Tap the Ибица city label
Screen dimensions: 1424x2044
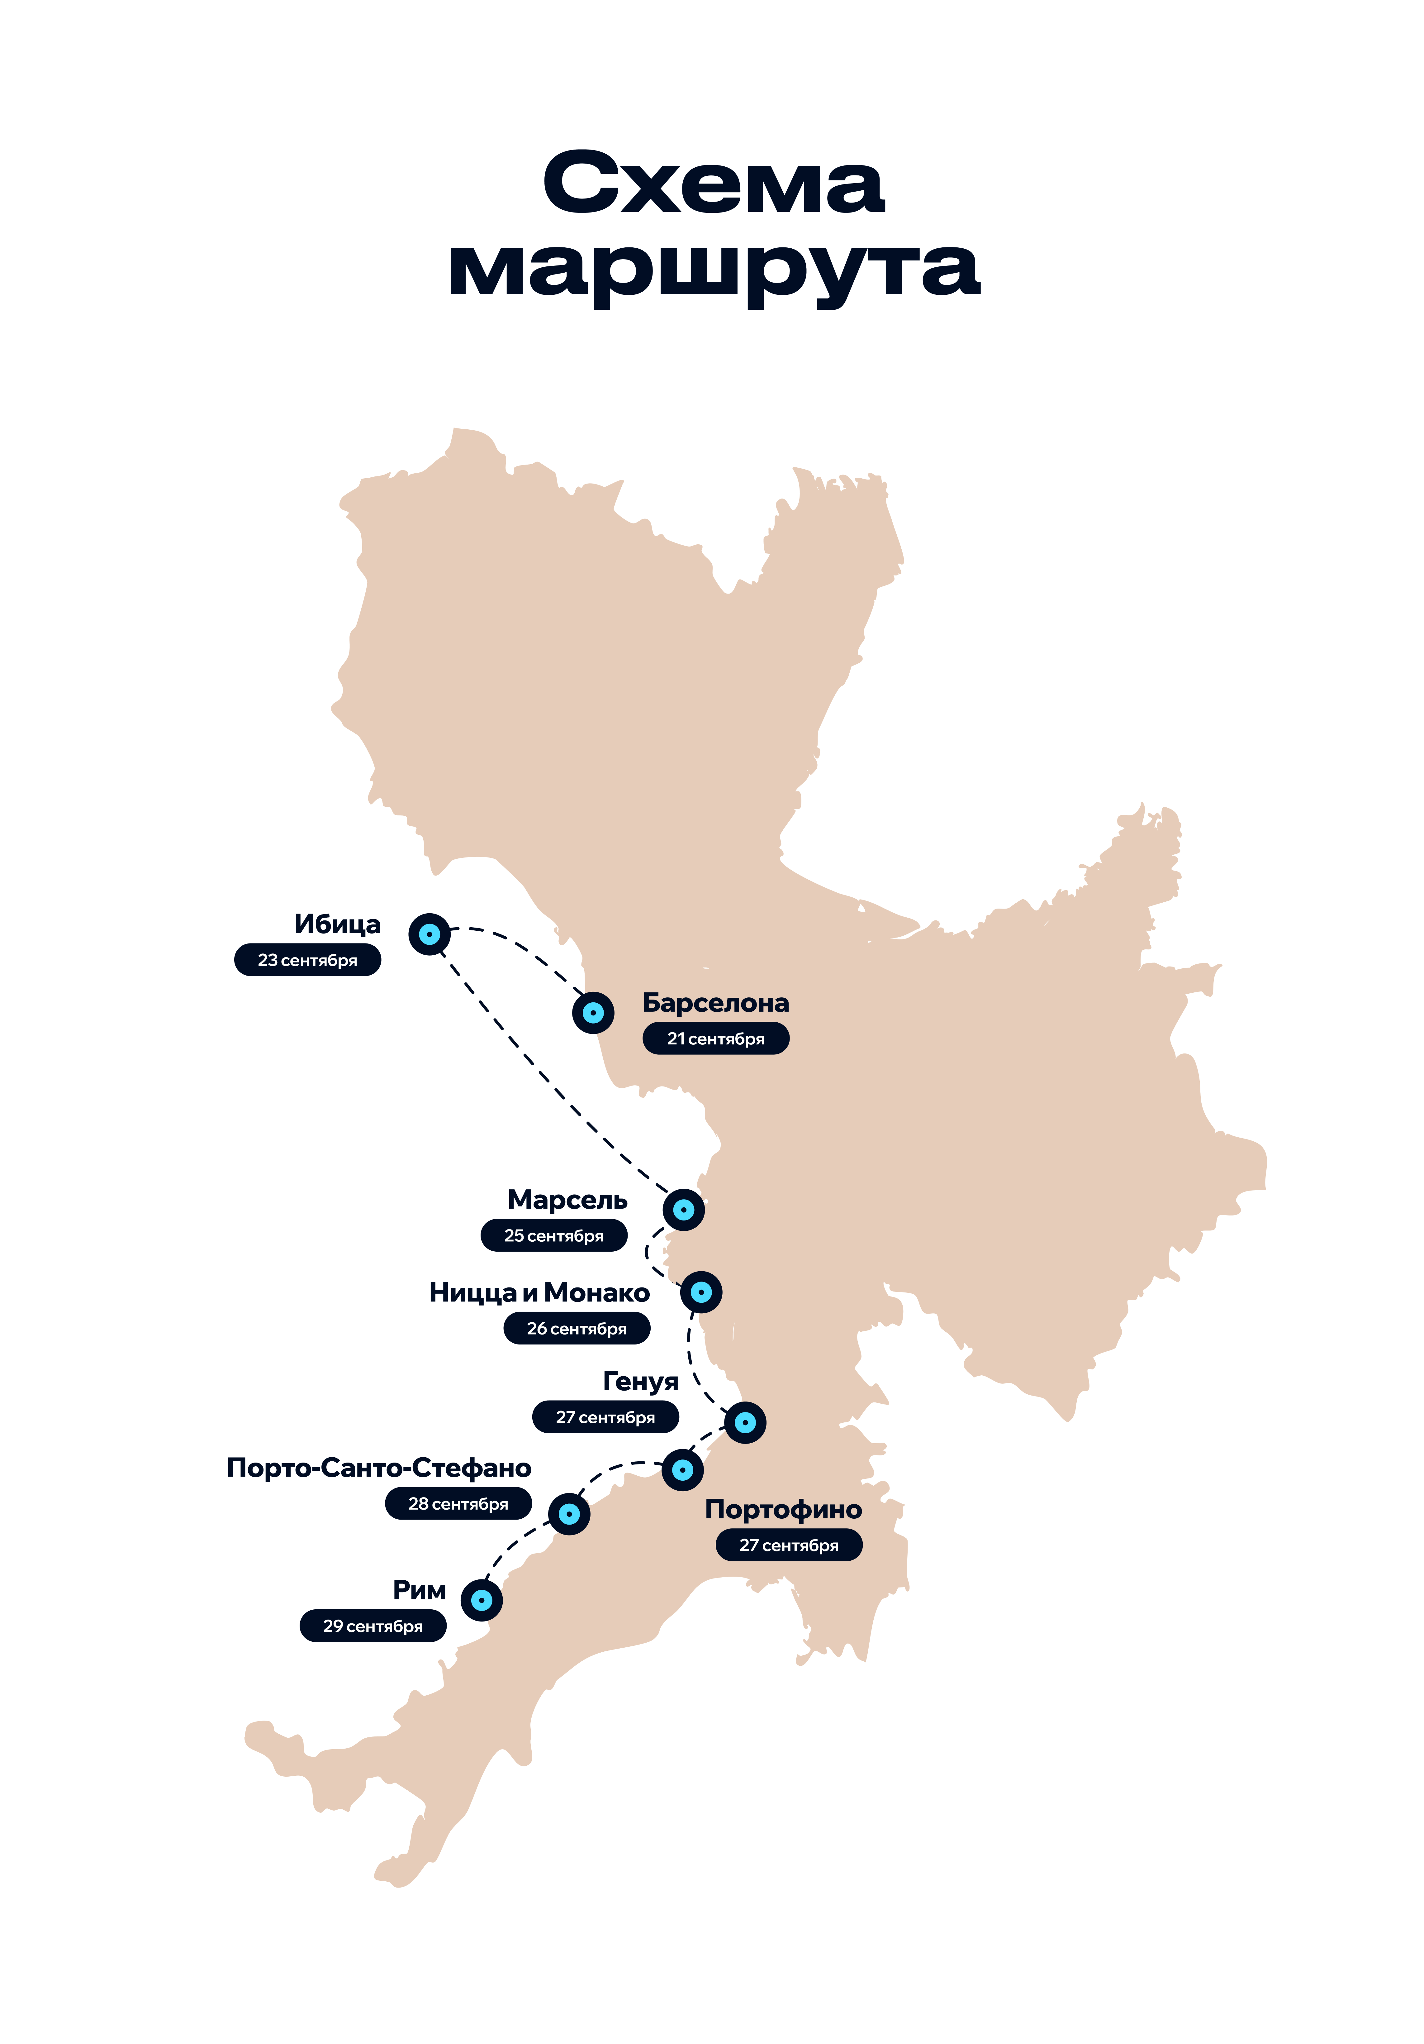(x=337, y=924)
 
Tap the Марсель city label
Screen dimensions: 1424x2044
(x=567, y=1200)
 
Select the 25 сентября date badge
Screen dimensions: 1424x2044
(x=553, y=1236)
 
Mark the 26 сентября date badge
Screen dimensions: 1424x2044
(x=577, y=1328)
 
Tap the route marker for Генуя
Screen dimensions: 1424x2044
(x=745, y=1423)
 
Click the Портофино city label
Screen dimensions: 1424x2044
(x=783, y=1509)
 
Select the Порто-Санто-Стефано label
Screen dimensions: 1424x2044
(x=379, y=1467)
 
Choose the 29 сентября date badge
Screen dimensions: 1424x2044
(x=373, y=1626)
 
